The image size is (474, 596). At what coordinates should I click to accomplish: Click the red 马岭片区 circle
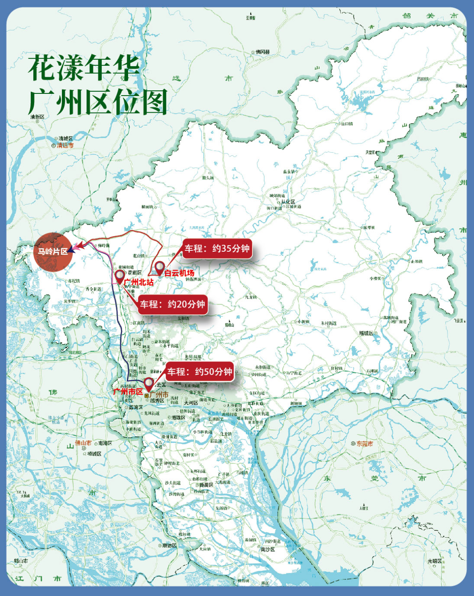pyautogui.click(x=53, y=252)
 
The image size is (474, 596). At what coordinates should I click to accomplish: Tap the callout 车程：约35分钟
pyautogui.click(x=217, y=249)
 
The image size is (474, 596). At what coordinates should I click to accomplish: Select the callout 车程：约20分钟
pyautogui.click(x=172, y=304)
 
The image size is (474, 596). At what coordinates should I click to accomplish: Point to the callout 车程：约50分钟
pyautogui.click(x=200, y=372)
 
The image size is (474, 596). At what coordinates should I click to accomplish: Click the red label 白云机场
pyautogui.click(x=180, y=273)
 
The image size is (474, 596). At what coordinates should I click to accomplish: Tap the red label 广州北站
pyautogui.click(x=139, y=282)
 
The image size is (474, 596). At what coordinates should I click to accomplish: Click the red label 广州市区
pyautogui.click(x=128, y=391)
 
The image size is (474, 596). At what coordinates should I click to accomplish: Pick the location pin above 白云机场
pyautogui.click(x=160, y=267)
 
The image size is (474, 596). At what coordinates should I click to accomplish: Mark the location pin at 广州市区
pyautogui.click(x=149, y=383)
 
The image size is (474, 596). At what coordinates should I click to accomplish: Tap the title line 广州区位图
pyautogui.click(x=98, y=102)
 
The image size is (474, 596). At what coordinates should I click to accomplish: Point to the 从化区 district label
pyautogui.click(x=289, y=202)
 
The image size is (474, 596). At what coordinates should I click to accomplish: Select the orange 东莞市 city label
pyautogui.click(x=365, y=444)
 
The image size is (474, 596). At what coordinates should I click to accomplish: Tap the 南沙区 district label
pyautogui.click(x=267, y=549)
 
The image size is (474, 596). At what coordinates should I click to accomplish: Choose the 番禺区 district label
pyautogui.click(x=206, y=485)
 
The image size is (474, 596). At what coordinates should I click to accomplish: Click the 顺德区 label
pyautogui.click(x=169, y=545)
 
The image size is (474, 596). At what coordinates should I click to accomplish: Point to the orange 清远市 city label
pyautogui.click(x=65, y=145)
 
